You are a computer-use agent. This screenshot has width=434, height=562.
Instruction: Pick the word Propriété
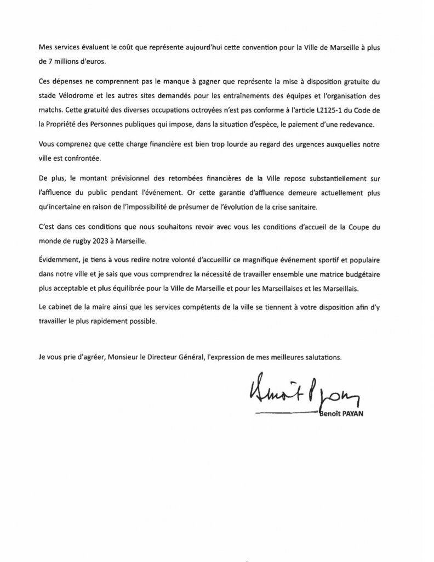coord(54,125)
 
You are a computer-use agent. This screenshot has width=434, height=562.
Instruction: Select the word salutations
coord(322,356)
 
